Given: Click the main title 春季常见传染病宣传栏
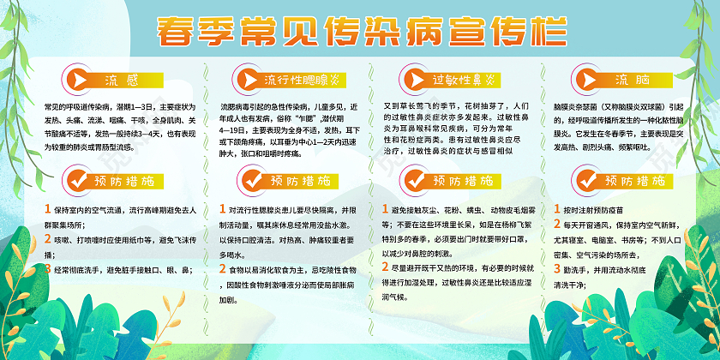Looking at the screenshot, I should click(x=359, y=30).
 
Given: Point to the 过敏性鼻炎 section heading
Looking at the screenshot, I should click(x=464, y=80).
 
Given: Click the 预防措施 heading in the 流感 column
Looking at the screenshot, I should click(x=121, y=181).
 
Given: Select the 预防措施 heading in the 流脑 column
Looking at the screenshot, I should click(x=635, y=181).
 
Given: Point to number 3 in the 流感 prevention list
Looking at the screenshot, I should click(x=48, y=270).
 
